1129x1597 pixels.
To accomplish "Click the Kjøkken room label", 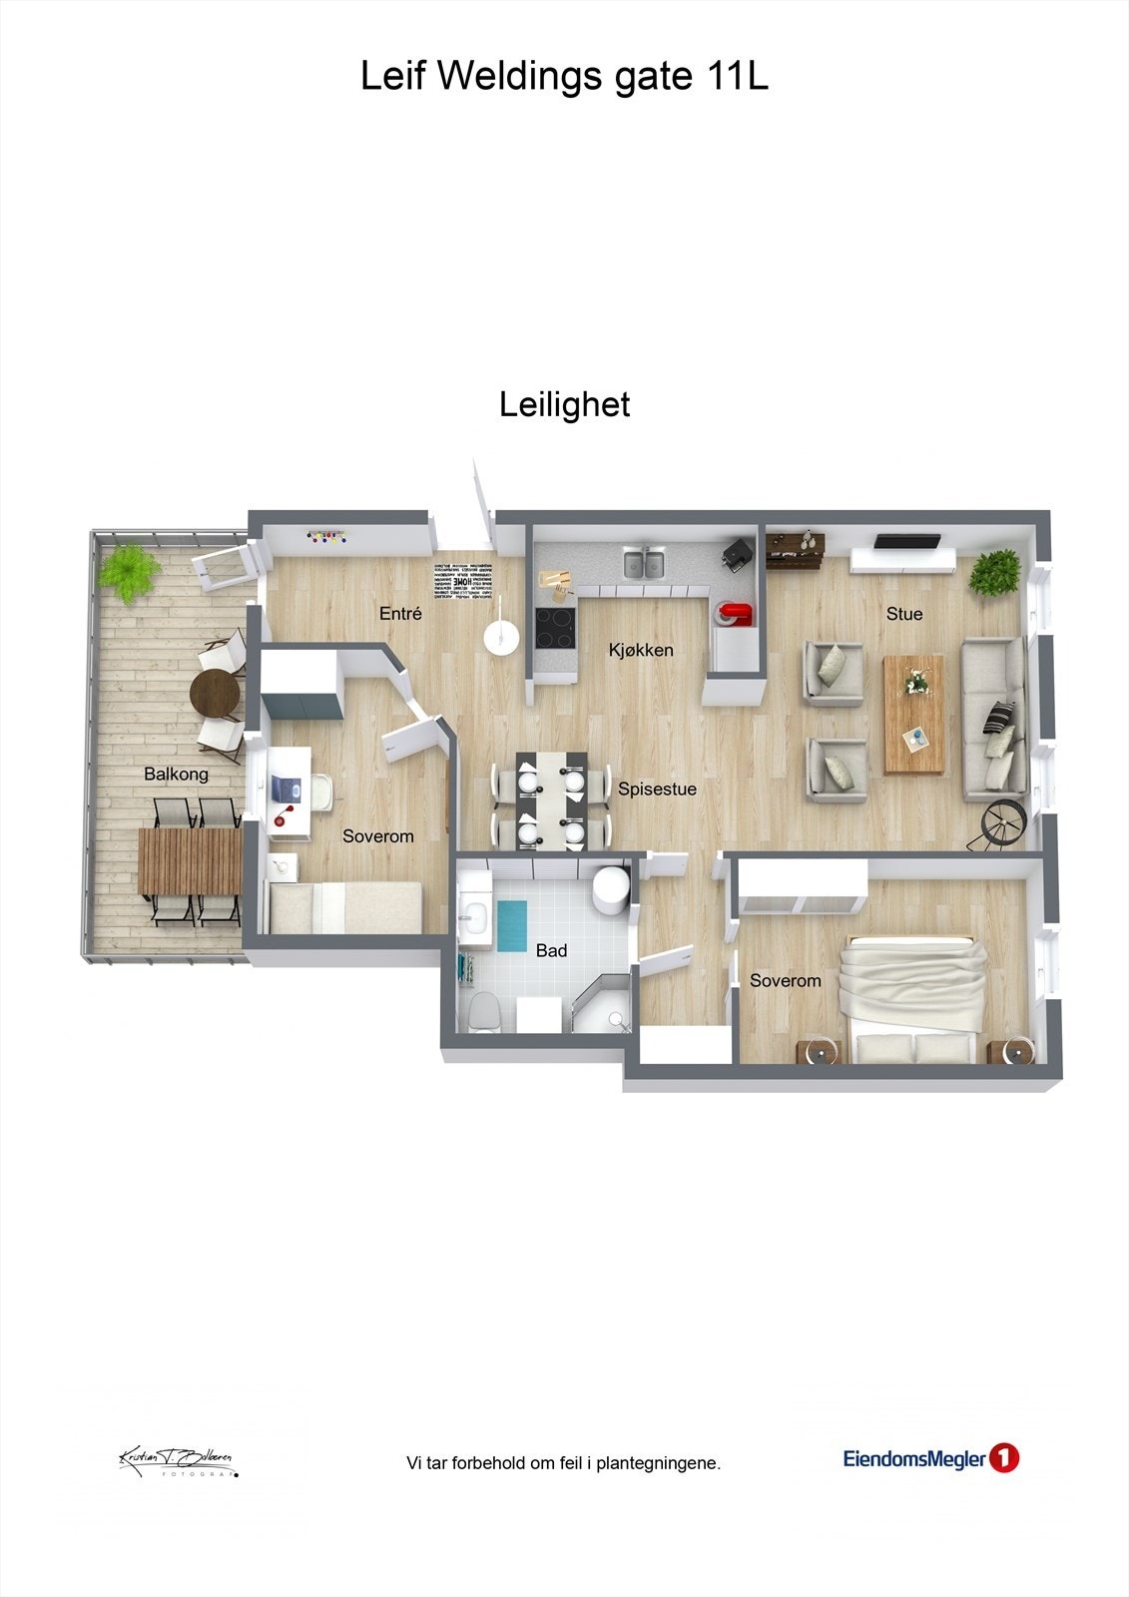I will click(x=641, y=650).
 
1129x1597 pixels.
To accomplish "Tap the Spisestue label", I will click(x=657, y=789).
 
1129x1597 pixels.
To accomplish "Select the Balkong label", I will click(x=176, y=774).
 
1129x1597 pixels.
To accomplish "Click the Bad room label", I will click(x=551, y=950).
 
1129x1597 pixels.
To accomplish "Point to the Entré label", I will click(x=400, y=614).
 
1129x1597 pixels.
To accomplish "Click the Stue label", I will click(x=904, y=614).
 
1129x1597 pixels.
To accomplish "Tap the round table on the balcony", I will click(x=216, y=692).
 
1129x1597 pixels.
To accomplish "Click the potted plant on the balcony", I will click(x=129, y=571).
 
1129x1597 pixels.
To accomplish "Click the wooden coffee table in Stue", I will click(x=913, y=713).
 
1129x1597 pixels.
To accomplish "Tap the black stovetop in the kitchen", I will click(x=555, y=628).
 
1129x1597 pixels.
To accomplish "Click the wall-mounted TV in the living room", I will click(x=906, y=541).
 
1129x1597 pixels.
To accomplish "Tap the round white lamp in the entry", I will click(x=499, y=637).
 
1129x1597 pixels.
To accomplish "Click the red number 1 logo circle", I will click(x=1003, y=1459).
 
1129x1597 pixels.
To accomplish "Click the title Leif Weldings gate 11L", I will click(x=564, y=77).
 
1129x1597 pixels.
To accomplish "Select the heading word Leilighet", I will click(x=564, y=404).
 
